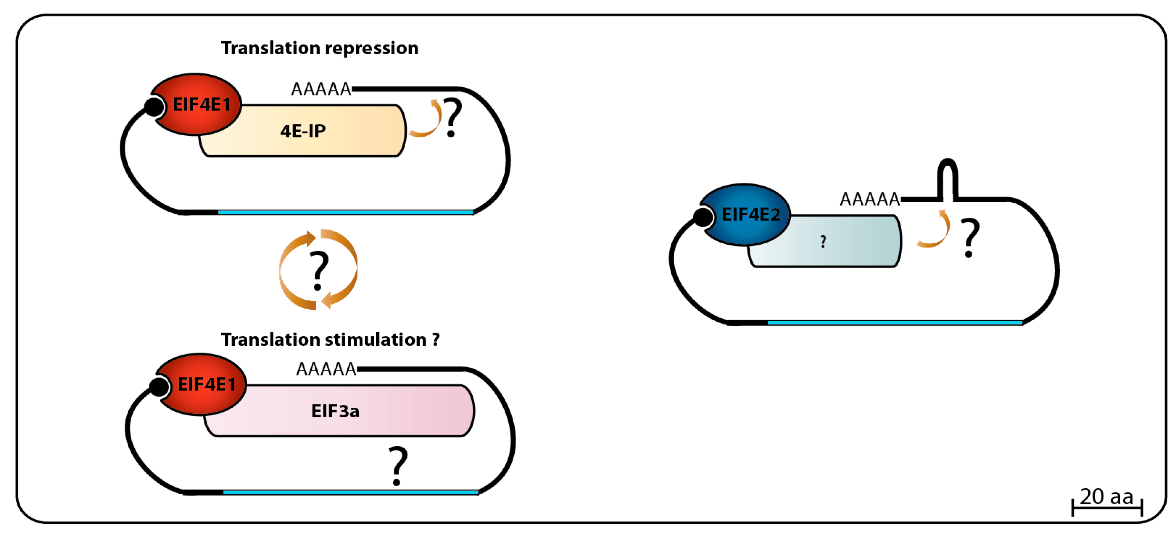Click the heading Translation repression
click(x=320, y=48)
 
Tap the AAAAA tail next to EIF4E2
click(x=869, y=199)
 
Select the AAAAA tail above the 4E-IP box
click(x=321, y=89)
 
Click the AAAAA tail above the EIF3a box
click(x=326, y=369)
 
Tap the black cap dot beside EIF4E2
click(x=703, y=217)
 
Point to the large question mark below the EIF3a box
click(x=398, y=466)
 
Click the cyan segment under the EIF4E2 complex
click(x=895, y=323)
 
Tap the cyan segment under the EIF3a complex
click(x=351, y=492)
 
